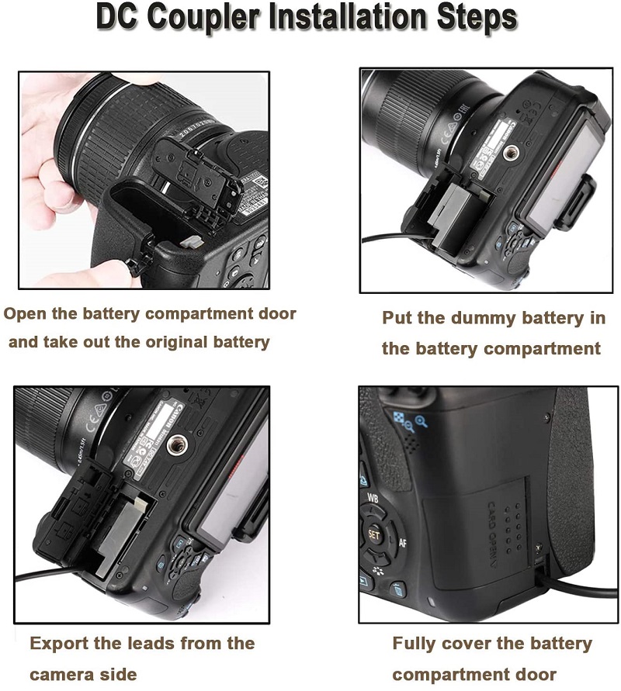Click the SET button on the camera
point(373,535)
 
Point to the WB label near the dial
point(373,499)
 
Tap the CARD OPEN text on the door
point(492,534)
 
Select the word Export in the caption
point(58,644)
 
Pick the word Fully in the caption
point(413,644)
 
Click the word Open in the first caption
point(25,314)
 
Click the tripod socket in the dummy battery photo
point(510,153)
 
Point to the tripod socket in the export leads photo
point(177,445)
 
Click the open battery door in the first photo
point(196,177)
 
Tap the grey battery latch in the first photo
point(192,240)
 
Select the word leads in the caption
point(151,644)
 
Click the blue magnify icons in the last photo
point(410,422)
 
